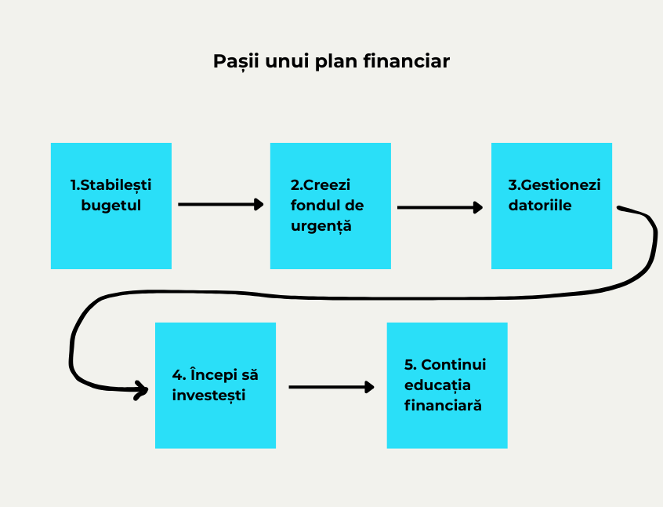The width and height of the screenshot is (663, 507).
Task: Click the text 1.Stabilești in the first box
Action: pos(111,185)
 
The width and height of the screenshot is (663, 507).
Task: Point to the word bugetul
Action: pos(111,206)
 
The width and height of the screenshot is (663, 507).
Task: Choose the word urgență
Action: pos(321,227)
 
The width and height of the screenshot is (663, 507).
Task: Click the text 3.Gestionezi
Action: pos(554,185)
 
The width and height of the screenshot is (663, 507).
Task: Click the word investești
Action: pos(209,396)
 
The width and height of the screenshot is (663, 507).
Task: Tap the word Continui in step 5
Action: pos(454,365)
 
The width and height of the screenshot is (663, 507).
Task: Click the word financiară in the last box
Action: pos(443,407)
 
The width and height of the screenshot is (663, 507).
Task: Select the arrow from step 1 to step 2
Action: pos(221,204)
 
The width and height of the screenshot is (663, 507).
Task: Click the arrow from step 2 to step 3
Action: pos(440,207)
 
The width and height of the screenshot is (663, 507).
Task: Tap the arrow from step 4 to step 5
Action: pos(331,387)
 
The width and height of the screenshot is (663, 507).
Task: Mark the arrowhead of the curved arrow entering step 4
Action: pos(141,389)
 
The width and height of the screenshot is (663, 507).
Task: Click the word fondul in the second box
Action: pos(312,206)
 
